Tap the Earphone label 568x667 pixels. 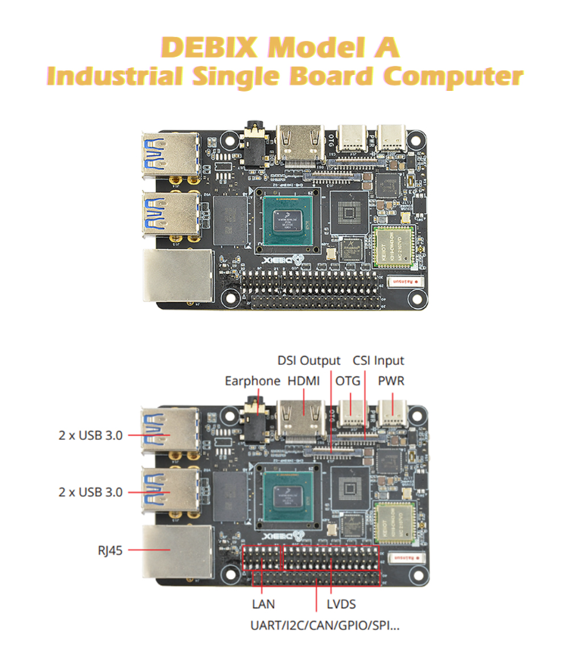(252, 380)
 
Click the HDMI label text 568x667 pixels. (304, 380)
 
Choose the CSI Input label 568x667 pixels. (379, 360)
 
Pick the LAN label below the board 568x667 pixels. (263, 603)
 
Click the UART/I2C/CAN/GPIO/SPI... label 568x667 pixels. (326, 625)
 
